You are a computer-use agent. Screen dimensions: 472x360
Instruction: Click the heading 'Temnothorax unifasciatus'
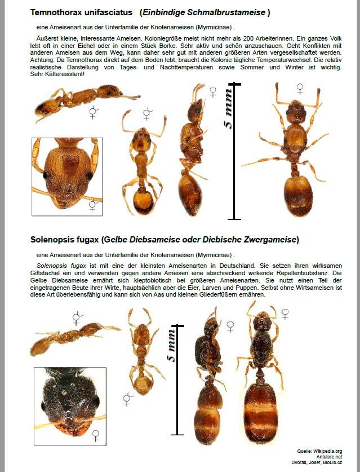[x=81, y=12]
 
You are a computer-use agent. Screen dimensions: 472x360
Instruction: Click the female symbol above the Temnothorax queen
[x=300, y=89]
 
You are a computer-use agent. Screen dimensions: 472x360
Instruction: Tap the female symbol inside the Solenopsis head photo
[x=96, y=434]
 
